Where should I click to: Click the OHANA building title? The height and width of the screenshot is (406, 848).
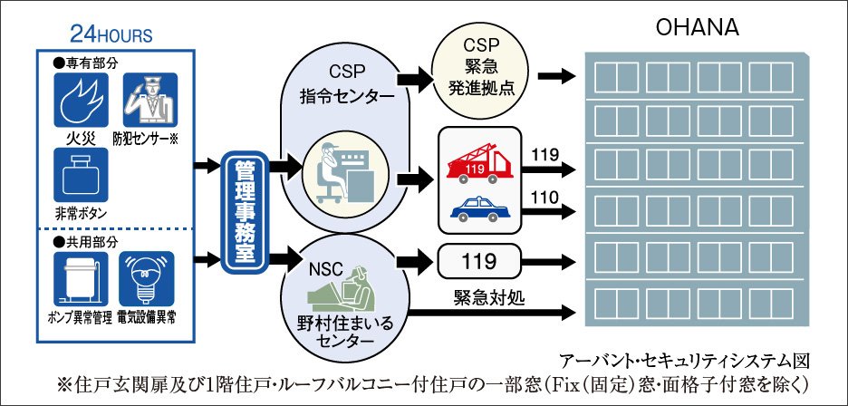pyautogui.click(x=698, y=28)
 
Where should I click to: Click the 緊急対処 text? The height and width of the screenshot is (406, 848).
pyautogui.click(x=485, y=296)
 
